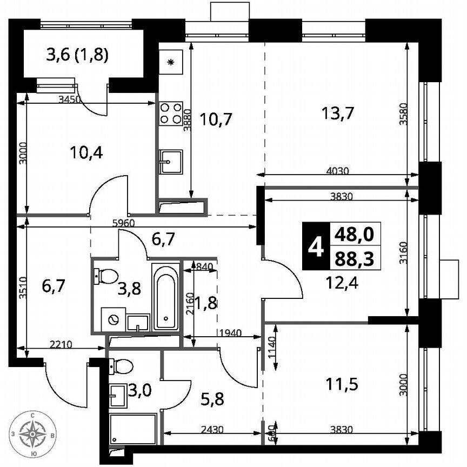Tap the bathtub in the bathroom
[x=165, y=297]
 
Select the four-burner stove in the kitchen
[x=171, y=114]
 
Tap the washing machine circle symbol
[x=115, y=319]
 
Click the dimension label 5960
[x=124, y=222]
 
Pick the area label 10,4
[x=86, y=152]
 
